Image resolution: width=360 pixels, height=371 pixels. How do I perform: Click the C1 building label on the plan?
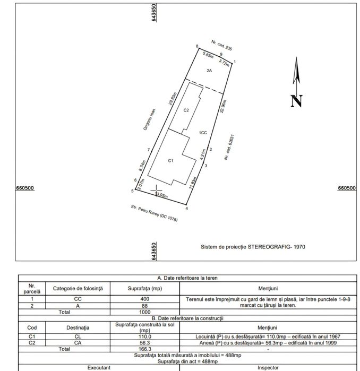point(171,160)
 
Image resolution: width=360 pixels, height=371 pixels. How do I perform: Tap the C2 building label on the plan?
point(186,110)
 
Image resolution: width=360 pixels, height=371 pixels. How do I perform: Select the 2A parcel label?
point(209,70)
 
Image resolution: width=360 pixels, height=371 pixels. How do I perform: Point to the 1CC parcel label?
point(203,132)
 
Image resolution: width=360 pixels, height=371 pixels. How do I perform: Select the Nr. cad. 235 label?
point(222,45)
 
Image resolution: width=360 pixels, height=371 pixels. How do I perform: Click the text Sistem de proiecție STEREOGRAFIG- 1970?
point(253,247)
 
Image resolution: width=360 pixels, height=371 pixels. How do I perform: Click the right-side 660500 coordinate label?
point(347,188)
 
